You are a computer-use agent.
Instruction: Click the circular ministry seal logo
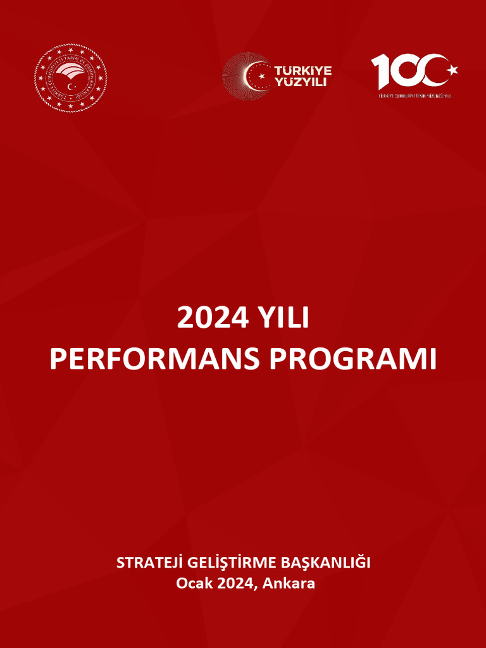70,77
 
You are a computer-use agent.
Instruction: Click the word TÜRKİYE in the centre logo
302,70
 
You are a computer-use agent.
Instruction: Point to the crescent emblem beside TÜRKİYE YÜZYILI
248,76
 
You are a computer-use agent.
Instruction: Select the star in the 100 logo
452,69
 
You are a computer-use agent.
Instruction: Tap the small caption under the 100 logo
415,96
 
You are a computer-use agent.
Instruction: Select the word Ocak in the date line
194,583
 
